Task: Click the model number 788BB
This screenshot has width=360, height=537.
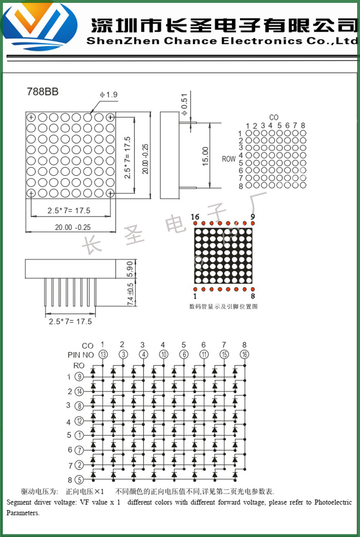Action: (x=42, y=92)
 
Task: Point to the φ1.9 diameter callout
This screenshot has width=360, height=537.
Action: (x=109, y=95)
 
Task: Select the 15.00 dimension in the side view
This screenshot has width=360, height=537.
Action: (x=205, y=156)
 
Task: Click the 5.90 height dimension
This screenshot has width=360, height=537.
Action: (x=129, y=269)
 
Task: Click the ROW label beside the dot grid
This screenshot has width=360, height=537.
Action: (x=229, y=159)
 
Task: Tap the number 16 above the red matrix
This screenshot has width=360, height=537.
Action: (x=195, y=217)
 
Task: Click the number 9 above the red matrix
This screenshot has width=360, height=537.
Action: (x=252, y=217)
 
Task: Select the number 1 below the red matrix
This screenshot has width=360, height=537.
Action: (x=195, y=296)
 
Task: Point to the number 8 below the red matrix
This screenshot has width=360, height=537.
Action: (x=252, y=296)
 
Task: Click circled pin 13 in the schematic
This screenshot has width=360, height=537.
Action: (x=103, y=354)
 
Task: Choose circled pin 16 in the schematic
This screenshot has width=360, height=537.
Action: (x=244, y=354)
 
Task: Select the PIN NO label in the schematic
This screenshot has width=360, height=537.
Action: (x=81, y=355)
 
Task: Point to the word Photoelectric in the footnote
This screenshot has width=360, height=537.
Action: (x=333, y=502)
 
